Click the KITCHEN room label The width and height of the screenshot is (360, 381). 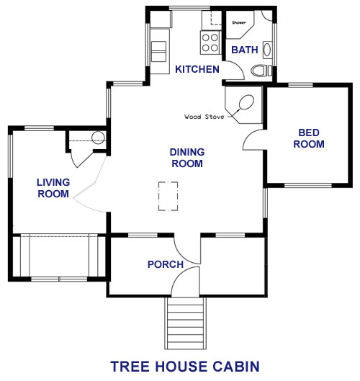click(197, 69)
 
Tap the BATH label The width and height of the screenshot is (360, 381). click(244, 50)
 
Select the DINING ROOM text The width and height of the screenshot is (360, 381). click(187, 158)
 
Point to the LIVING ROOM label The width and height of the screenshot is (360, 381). click(53, 188)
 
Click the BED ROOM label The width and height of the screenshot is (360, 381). click(309, 138)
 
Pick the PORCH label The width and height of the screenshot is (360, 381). click(166, 264)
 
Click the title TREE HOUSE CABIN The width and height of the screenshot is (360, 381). click(185, 367)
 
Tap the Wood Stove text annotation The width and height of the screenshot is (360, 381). click(204, 117)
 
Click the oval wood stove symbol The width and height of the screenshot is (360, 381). click(246, 102)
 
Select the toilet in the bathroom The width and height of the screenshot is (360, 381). click(261, 71)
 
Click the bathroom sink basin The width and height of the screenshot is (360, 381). click(267, 50)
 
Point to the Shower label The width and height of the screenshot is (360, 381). click(239, 22)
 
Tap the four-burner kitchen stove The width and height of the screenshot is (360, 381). click(210, 42)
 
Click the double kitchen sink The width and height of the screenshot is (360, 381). click(158, 52)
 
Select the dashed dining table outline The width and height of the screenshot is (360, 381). click(168, 196)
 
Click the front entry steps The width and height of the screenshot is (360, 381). click(185, 323)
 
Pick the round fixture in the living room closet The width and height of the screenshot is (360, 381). click(98, 138)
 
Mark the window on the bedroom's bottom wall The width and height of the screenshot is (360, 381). click(308, 186)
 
